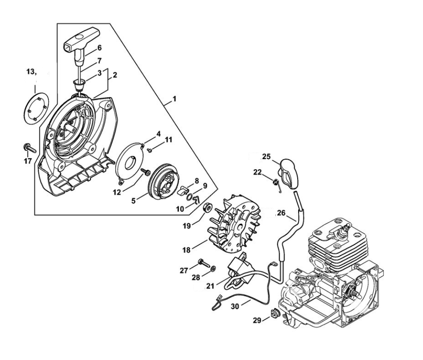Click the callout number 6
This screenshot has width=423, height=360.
point(99,47)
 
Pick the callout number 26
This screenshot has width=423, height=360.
point(281,214)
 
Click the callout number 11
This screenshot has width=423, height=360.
point(169,139)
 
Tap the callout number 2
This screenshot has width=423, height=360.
point(114,75)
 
